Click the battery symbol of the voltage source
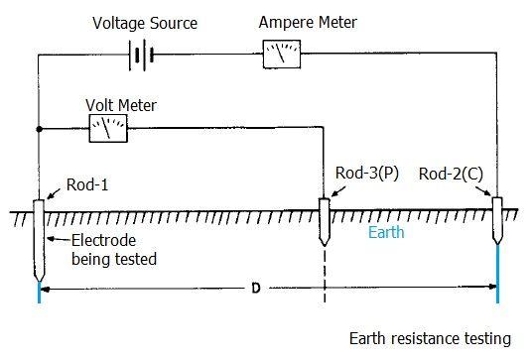pyautogui.click(x=144, y=56)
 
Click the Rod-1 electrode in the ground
pyautogui.click(x=38, y=238)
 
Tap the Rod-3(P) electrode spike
pyautogui.click(x=324, y=224)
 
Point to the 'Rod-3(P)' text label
pyautogui.click(x=364, y=175)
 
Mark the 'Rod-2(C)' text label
pyautogui.click(x=452, y=175)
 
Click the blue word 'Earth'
pyautogui.click(x=386, y=233)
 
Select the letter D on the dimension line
pyautogui.click(x=256, y=289)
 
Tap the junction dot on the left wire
pyautogui.click(x=38, y=127)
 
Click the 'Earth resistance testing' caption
pyautogui.click(x=430, y=338)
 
